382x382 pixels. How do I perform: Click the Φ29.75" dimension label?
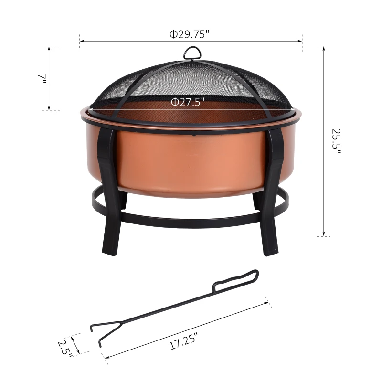[x=190, y=34]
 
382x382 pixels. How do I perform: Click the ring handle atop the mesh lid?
[x=191, y=53]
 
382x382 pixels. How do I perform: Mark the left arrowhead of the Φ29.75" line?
[x=81, y=41]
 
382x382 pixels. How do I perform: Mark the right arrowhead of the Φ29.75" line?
[x=301, y=41]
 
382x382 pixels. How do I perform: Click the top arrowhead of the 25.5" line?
[x=324, y=48]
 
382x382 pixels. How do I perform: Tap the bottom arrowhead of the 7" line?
[x=49, y=109]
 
